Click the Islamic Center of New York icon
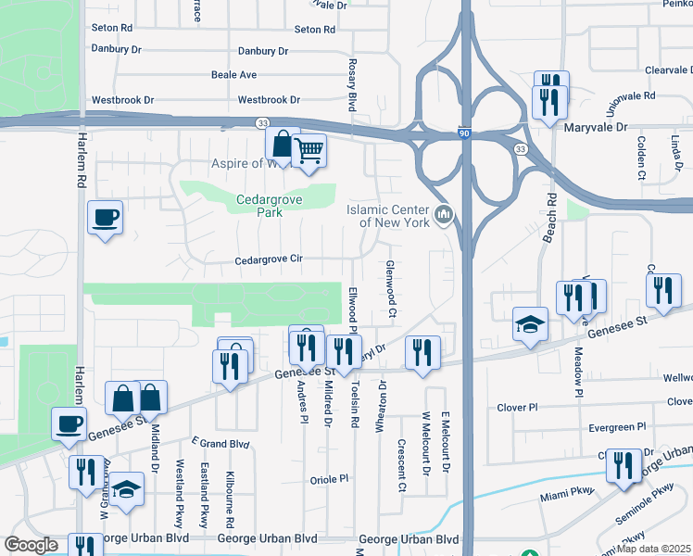[444, 216]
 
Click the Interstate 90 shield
[462, 134]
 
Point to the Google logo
[31, 545]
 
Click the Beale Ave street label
[233, 74]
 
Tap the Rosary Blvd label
[353, 84]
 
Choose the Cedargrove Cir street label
[269, 260]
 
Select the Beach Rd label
[550, 218]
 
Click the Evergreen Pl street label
[617, 428]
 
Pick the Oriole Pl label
[328, 479]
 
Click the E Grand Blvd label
[221, 444]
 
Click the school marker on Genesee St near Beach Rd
[530, 323]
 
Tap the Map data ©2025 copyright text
[652, 549]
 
